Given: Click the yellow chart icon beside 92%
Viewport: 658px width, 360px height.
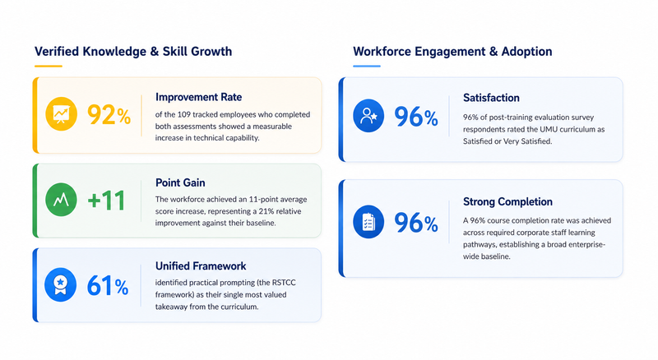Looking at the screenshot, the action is [61, 113].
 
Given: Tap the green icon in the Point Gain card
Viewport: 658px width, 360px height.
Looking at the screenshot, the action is [61, 199].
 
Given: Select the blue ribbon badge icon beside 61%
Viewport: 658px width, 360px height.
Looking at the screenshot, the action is [60, 285].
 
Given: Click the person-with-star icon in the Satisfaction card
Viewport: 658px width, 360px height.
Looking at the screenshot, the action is [368, 115].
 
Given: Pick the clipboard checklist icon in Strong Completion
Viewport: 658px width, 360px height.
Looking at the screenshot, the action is [368, 222].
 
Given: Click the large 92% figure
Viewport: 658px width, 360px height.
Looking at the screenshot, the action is [109, 115].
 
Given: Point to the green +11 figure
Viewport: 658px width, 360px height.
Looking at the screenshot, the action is [106, 201].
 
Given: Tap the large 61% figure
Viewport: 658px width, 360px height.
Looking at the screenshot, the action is [108, 286].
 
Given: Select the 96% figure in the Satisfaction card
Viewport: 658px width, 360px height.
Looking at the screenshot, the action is [416, 117].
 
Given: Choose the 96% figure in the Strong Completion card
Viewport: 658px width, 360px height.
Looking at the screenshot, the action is [416, 223].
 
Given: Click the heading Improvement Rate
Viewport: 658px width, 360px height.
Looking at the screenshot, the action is [198, 97].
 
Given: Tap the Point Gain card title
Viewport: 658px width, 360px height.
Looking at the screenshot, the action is [180, 182].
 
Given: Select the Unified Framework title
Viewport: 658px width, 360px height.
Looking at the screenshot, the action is [201, 266].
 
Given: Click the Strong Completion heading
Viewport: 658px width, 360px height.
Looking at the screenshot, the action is [507, 202].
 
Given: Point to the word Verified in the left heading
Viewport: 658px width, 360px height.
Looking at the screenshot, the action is [57, 51].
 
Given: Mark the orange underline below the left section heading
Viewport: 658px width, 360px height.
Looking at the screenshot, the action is [49, 66].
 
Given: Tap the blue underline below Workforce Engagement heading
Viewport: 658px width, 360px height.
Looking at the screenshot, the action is [367, 66].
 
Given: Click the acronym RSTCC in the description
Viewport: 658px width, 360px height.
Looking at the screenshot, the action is [283, 283].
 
